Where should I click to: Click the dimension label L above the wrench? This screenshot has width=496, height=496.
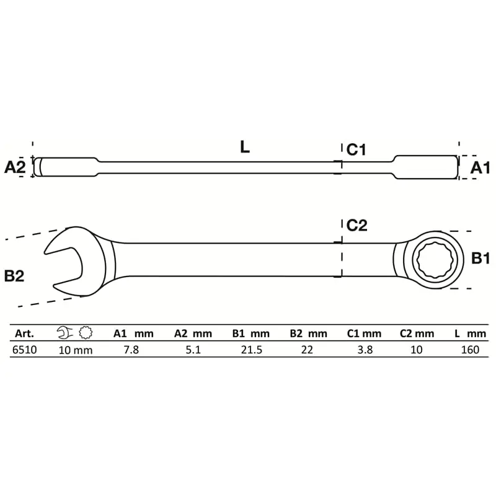tap(245, 147)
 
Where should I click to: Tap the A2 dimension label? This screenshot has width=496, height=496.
tap(14, 167)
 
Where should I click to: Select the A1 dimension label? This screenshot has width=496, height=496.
tap(480, 167)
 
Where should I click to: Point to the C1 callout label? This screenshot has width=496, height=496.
tap(356, 149)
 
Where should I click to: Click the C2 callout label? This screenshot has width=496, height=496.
tap(357, 225)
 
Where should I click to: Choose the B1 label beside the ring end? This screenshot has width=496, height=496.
tap(480, 258)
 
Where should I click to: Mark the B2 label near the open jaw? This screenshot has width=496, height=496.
tap(14, 276)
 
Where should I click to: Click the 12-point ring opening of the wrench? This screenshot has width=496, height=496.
tap(435, 260)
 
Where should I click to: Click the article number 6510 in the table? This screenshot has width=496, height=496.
tap(24, 350)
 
